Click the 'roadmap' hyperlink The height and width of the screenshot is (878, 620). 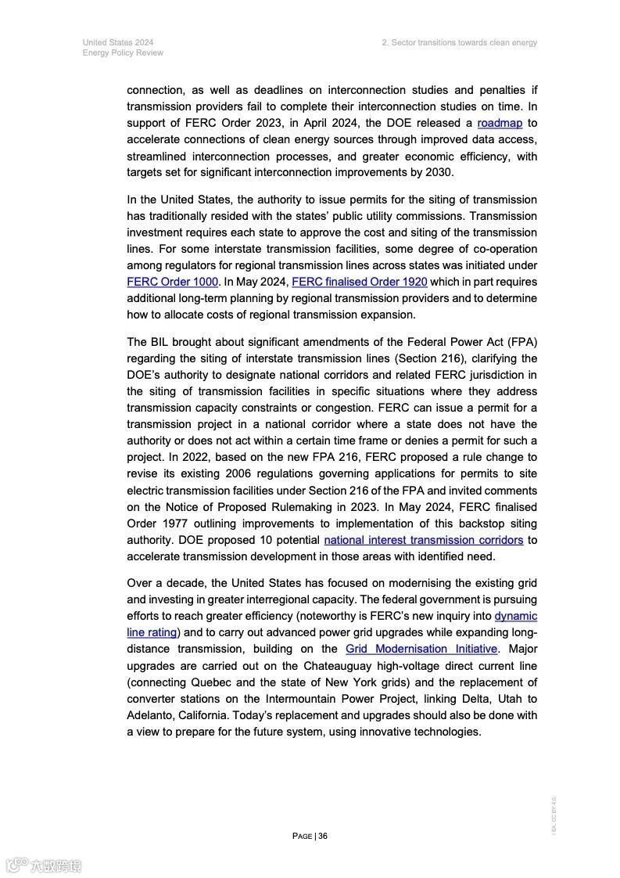click(x=500, y=123)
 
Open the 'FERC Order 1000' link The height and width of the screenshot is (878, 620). click(x=172, y=282)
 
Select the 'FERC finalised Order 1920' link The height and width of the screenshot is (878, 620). click(x=359, y=282)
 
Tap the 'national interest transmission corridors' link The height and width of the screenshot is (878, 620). click(x=423, y=540)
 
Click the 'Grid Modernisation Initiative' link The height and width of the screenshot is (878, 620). click(x=421, y=649)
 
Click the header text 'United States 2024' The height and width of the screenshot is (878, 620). click(x=117, y=42)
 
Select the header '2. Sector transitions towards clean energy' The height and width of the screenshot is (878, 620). click(x=459, y=42)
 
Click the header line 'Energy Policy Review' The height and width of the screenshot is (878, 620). click(x=123, y=52)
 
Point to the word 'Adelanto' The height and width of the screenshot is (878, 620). click(x=154, y=715)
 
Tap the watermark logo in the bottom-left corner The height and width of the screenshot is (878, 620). click(x=43, y=865)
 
